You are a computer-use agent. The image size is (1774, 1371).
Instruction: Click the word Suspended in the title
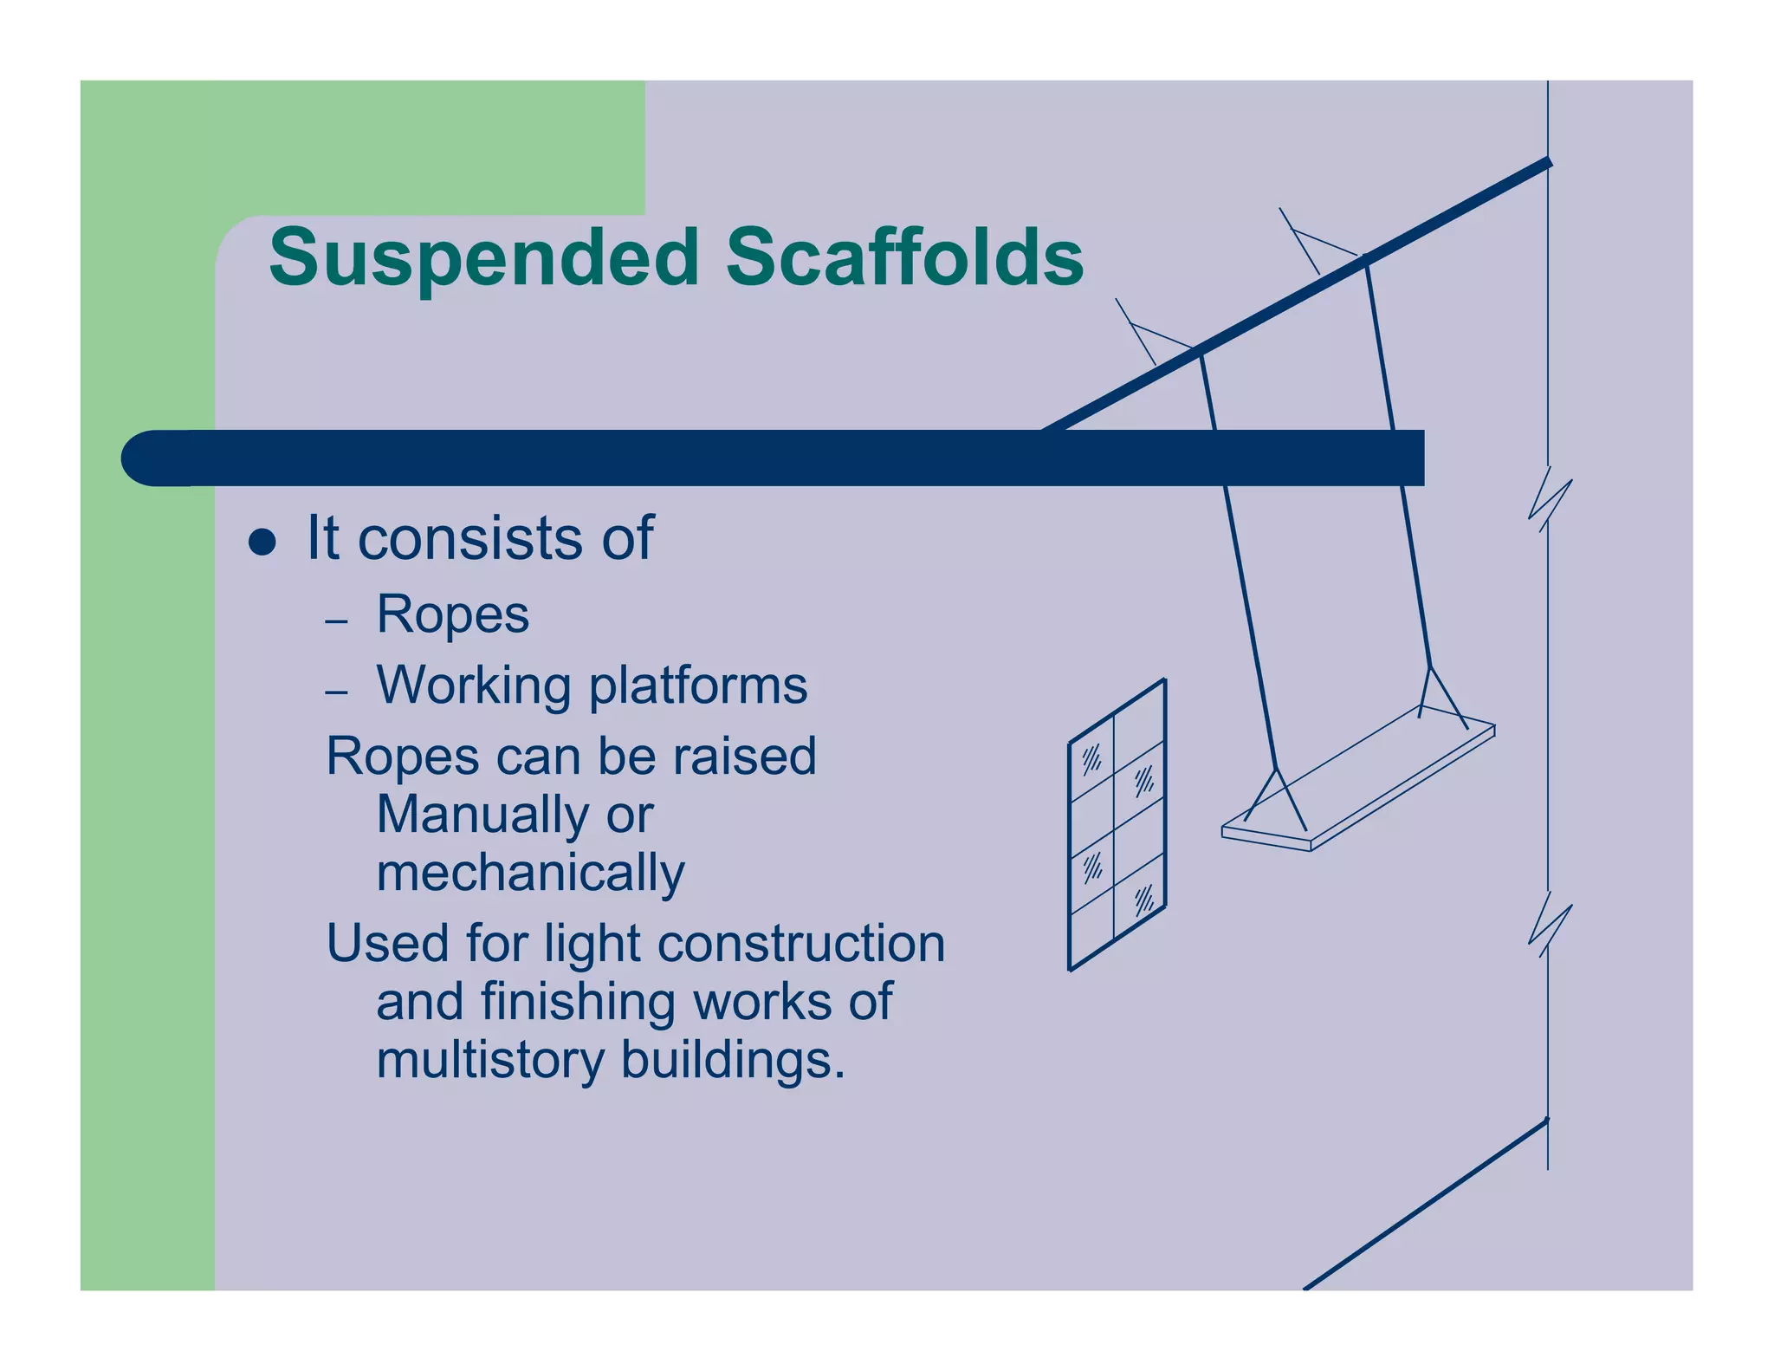483,257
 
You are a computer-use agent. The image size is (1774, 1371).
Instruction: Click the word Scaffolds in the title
904,257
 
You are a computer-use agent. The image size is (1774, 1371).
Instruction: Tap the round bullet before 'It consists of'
262,543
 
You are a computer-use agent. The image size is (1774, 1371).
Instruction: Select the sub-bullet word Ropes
452,614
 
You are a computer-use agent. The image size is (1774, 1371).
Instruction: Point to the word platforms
698,685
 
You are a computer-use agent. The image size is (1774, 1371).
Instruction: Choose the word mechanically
530,873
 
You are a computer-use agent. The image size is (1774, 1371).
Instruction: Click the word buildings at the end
732,1060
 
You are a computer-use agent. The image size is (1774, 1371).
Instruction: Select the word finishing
578,1002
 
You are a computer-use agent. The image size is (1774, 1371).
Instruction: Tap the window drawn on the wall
1117,825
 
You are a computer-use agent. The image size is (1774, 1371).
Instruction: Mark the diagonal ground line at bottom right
1425,1205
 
